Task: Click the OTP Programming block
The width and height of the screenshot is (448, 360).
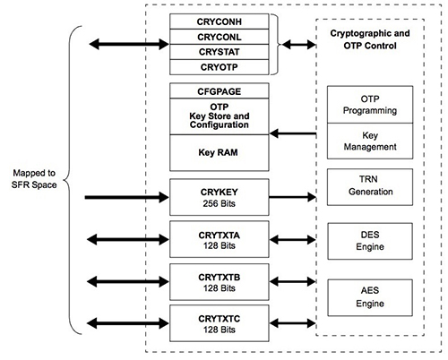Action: [x=371, y=104]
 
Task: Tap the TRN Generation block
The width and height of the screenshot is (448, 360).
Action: [x=371, y=184]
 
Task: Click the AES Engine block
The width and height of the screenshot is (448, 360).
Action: [x=371, y=297]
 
